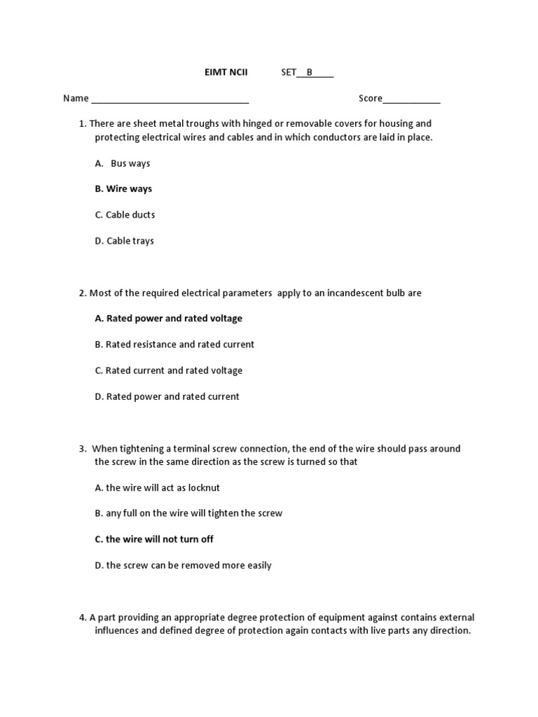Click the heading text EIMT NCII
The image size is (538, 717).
pos(221,72)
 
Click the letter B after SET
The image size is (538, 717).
pos(310,72)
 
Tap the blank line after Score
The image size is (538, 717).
pos(411,99)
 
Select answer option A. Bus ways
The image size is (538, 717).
pos(123,163)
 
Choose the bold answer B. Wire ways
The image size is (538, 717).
pos(123,189)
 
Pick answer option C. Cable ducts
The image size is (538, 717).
pos(125,215)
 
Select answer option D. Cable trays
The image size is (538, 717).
pos(124,241)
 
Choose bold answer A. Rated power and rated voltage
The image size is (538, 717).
pos(168,319)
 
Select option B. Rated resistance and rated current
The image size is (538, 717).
pos(174,344)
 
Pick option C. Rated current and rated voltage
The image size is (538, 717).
pos(168,370)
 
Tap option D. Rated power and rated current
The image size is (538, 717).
pos(167,396)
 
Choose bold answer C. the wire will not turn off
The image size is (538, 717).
pos(154,539)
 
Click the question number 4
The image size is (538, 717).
pos(82,618)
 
